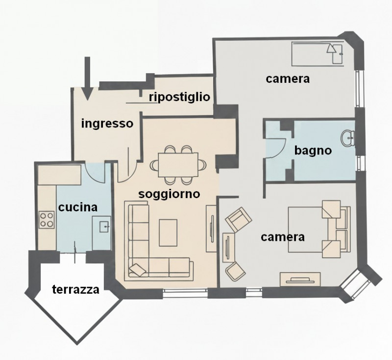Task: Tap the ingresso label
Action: tap(107, 124)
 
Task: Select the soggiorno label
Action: tap(169, 194)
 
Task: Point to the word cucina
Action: tap(78, 207)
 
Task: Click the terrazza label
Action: tap(76, 289)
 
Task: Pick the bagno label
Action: tap(313, 151)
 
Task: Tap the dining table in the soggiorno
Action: tap(178, 162)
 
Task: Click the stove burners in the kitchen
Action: tap(47, 219)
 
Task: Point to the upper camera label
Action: tap(288, 78)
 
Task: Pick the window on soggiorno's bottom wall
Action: tap(185, 293)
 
